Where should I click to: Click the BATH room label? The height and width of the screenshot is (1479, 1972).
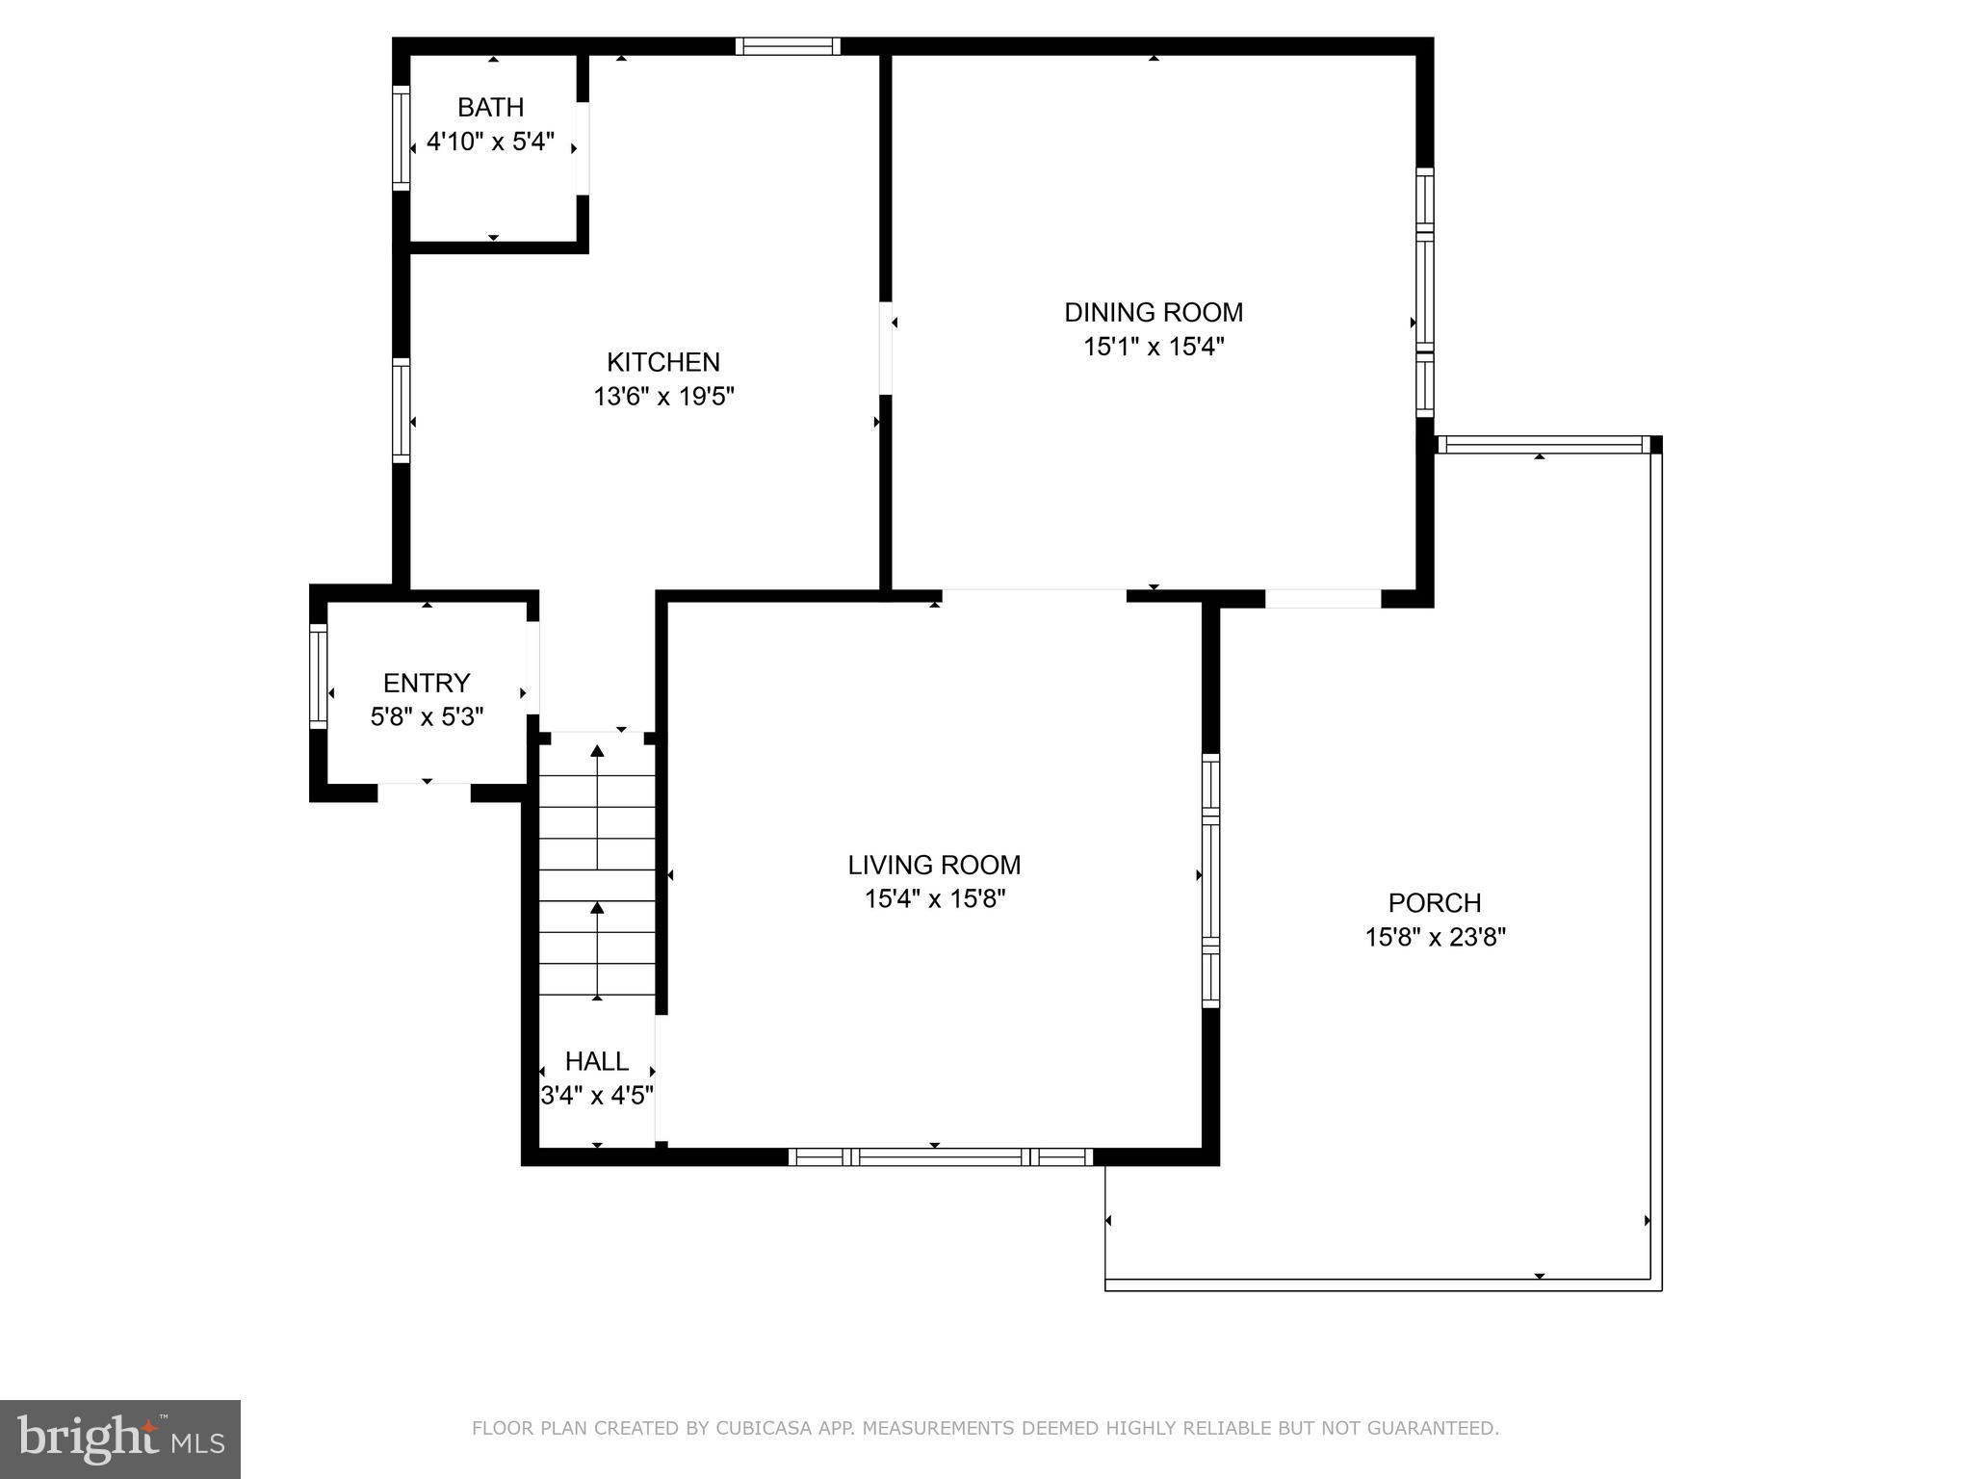(490, 107)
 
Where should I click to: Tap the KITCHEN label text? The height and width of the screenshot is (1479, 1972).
(663, 362)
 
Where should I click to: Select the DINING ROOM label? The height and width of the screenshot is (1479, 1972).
(1154, 312)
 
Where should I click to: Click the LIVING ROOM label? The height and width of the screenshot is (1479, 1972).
(934, 865)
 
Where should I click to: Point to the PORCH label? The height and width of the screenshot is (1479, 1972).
(1435, 903)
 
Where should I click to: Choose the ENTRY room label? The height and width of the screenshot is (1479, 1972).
(427, 683)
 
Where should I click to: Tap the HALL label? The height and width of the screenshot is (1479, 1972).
(597, 1061)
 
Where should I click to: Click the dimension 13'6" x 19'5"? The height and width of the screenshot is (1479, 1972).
(663, 397)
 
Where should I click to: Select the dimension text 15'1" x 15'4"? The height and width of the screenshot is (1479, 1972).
(1154, 347)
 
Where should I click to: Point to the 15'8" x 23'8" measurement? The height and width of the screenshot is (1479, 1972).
(1435, 938)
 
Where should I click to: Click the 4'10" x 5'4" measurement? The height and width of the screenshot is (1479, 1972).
(490, 142)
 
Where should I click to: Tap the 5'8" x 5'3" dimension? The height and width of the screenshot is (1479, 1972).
(427, 717)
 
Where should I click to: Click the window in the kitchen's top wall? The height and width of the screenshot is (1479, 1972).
(788, 46)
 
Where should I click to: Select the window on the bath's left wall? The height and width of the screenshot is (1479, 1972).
(402, 139)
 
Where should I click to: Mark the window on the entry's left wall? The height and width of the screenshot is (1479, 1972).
(318, 676)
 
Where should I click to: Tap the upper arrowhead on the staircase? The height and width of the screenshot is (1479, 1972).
(597, 751)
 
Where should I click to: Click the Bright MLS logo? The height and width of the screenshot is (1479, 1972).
(120, 1439)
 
